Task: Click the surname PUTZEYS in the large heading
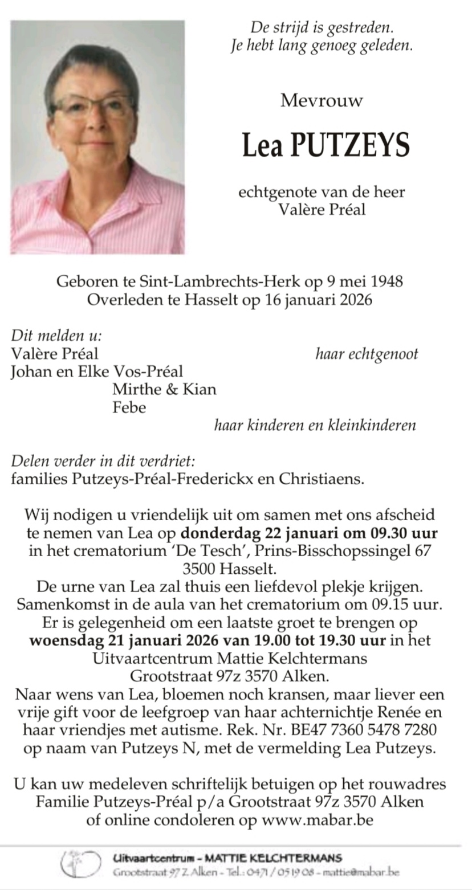tap(350, 145)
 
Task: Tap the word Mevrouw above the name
tap(322, 101)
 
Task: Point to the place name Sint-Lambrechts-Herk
tap(203, 281)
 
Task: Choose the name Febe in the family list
tap(129, 407)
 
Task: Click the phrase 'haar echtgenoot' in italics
tap(367, 354)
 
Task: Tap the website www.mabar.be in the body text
tap(318, 821)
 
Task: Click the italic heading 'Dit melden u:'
tap(56, 336)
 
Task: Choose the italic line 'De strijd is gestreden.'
tap(322, 27)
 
